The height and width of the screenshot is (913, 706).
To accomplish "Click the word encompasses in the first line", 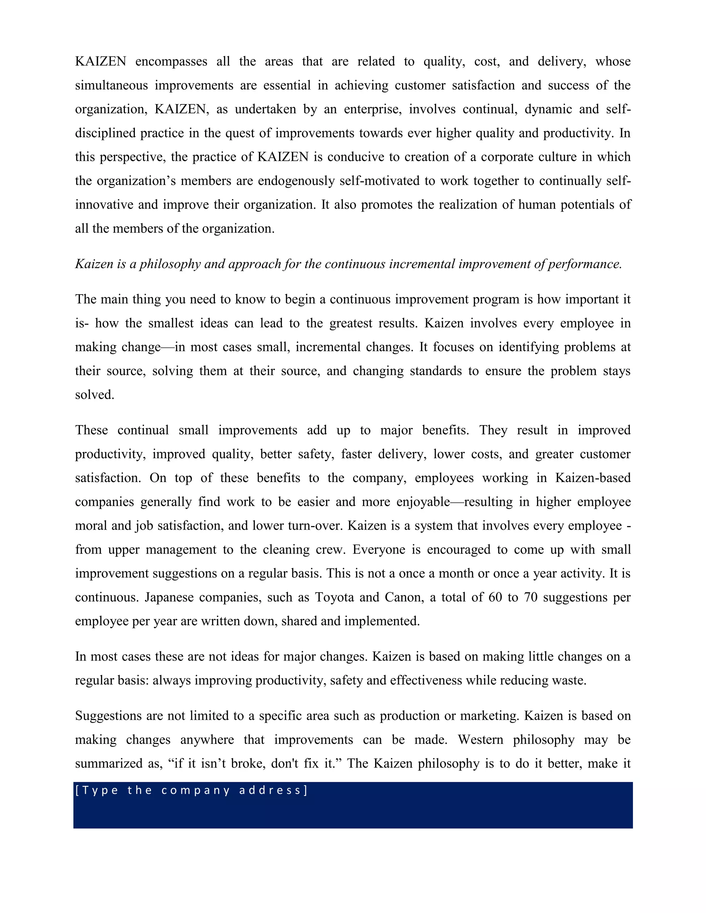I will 171,61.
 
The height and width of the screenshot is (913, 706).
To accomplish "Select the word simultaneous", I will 111,85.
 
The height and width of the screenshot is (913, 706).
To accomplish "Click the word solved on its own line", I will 94,394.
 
